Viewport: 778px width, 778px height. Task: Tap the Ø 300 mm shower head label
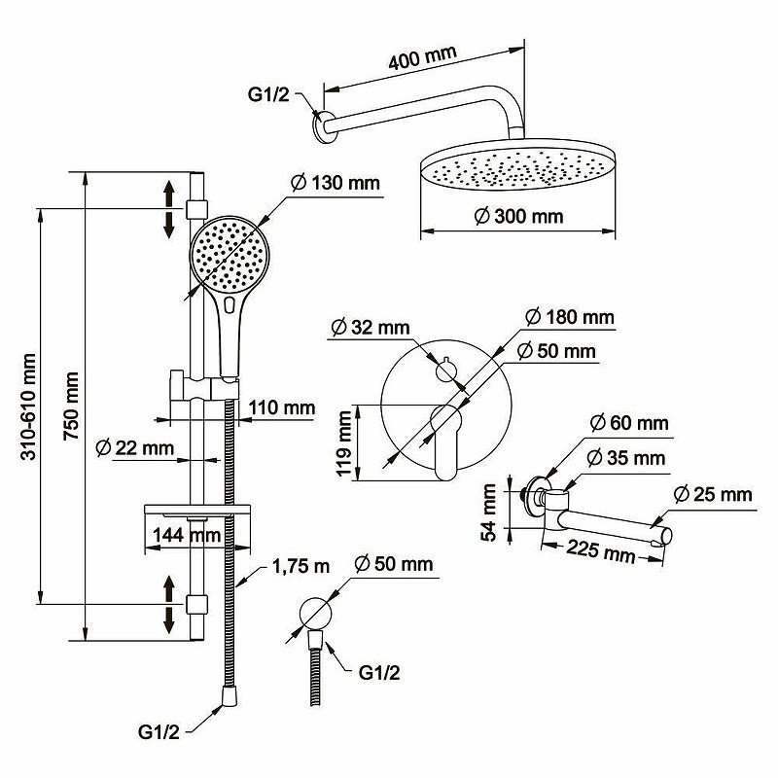[520, 216]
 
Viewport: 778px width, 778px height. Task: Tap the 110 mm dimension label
[282, 407]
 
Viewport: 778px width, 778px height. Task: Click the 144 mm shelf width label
[185, 534]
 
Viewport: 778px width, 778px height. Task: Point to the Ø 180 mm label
[570, 318]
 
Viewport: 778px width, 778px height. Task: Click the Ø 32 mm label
[371, 327]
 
